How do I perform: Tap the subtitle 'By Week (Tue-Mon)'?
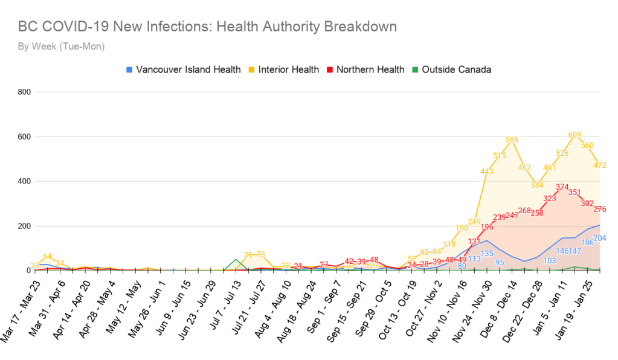61,47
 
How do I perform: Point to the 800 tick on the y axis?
24,92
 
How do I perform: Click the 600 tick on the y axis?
24,137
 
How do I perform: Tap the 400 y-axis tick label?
24,181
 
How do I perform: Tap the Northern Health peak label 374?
562,187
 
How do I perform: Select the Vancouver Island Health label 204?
600,238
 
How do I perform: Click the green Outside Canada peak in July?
236,260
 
